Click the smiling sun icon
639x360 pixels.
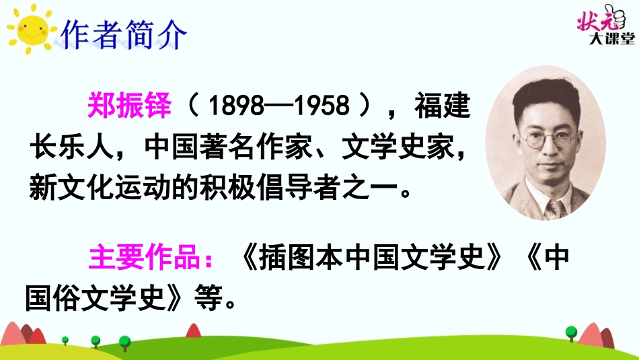click(28, 29)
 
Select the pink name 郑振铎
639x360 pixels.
click(130, 106)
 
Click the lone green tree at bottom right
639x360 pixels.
click(571, 332)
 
